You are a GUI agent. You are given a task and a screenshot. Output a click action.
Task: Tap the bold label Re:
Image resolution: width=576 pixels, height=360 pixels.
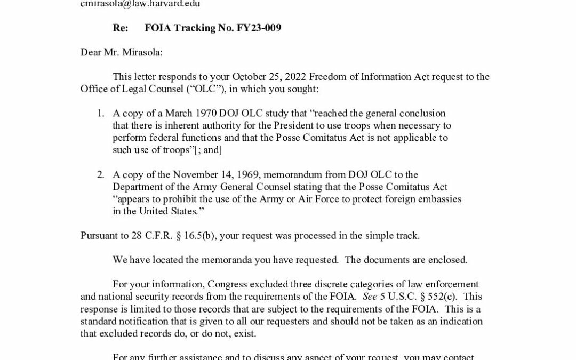[120, 28]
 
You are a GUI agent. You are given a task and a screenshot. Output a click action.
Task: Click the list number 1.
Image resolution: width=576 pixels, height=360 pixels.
[100, 113]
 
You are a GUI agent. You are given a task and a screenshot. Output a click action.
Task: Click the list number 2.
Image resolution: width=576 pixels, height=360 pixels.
[100, 174]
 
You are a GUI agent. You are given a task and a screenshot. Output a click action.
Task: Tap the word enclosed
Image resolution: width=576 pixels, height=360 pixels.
[448, 260]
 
